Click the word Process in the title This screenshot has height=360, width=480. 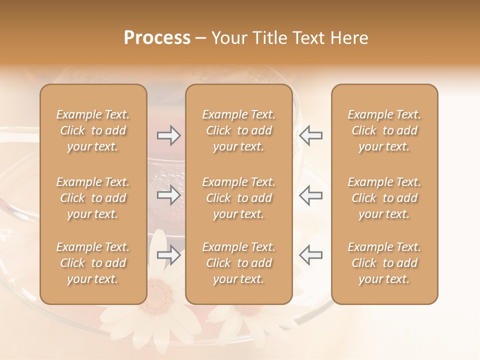pos(157,38)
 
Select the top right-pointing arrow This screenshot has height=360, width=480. pos(168,135)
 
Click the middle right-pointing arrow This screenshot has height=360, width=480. pos(168,195)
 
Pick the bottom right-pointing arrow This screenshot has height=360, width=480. pos(168,255)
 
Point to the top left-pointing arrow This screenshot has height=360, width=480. pos(311,135)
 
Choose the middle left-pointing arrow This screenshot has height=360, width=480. pos(311,195)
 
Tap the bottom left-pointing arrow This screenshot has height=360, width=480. pos(311,255)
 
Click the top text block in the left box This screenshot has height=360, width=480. pos(93,130)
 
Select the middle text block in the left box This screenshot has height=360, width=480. pos(93,198)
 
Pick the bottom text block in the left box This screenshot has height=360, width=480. pos(93,263)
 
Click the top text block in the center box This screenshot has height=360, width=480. pos(239,130)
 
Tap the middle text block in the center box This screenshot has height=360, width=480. pos(239,198)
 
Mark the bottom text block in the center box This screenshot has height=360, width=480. pos(239,263)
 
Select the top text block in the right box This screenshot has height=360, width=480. pos(384,130)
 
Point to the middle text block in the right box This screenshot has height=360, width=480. pos(384,198)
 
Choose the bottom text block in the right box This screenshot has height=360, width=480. pos(384,263)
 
